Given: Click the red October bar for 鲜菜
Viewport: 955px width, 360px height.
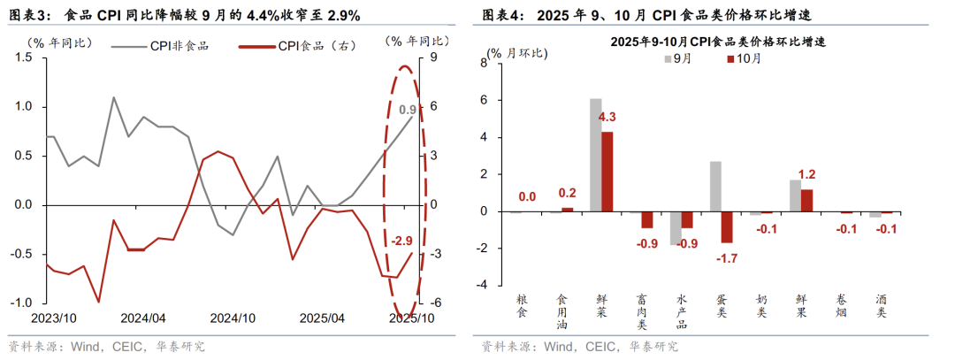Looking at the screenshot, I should (x=607, y=172).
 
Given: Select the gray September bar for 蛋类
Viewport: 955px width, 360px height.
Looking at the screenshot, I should (x=715, y=187).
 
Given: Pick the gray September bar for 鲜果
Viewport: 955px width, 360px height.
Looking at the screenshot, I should (x=795, y=195).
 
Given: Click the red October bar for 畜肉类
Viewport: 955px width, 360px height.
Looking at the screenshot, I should (x=647, y=220).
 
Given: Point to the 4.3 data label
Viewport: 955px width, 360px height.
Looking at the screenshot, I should (x=607, y=118).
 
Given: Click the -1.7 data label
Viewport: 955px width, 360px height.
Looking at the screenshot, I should (x=727, y=259).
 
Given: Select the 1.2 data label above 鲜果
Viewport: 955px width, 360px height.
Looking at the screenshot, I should (x=806, y=174).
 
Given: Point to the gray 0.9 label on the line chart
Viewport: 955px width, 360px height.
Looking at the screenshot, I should (x=408, y=110).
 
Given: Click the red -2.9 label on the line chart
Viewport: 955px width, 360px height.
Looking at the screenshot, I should (x=402, y=241).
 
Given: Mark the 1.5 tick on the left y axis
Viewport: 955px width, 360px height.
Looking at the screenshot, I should (x=24, y=57).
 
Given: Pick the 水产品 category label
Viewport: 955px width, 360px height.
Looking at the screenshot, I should (x=679, y=311).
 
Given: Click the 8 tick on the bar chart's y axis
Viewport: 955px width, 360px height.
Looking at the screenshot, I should (x=484, y=63).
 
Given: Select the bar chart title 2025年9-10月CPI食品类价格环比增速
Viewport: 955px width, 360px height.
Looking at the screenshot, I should (x=712, y=42).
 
